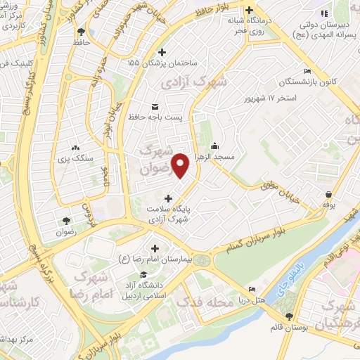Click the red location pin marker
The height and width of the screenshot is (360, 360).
181,165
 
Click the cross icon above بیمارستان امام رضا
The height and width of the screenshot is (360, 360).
155,248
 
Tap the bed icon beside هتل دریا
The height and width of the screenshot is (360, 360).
252,289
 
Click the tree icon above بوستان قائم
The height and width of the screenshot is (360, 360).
289,317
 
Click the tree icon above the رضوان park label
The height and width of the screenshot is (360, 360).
67,219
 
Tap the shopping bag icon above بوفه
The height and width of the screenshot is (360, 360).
328,195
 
